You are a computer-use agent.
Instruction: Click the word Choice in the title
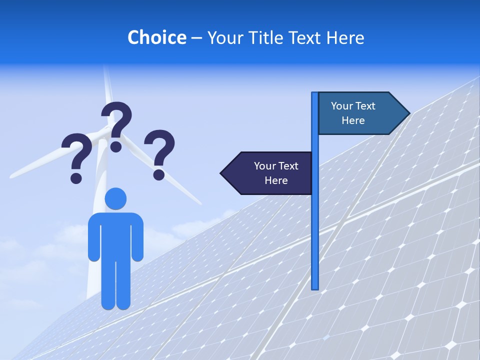click(x=156, y=37)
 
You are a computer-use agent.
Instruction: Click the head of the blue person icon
click(x=115, y=199)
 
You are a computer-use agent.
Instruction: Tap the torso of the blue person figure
click(x=115, y=235)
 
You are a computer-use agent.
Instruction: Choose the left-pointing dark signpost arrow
click(x=267, y=173)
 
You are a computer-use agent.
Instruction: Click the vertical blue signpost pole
click(x=314, y=225)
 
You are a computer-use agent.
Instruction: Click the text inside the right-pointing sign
click(x=353, y=113)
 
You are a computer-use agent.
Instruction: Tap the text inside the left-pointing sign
click(x=276, y=173)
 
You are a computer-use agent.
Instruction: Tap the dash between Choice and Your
click(x=196, y=38)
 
